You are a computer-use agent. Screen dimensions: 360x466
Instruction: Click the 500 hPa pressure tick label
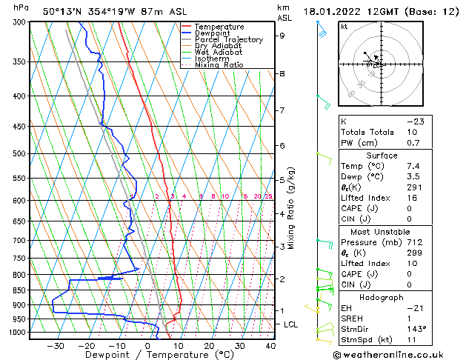(x=19, y=154)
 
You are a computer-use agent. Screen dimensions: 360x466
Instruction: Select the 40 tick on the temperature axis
(x=270, y=345)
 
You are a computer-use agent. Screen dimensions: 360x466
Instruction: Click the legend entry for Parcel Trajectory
(x=230, y=39)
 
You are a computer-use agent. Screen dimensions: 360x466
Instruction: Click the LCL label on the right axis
(x=291, y=324)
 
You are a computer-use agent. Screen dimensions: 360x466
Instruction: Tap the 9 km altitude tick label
(x=282, y=36)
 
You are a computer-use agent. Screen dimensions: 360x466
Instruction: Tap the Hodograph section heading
(x=385, y=296)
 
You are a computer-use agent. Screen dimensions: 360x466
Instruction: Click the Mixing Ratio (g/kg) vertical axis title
(x=292, y=208)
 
